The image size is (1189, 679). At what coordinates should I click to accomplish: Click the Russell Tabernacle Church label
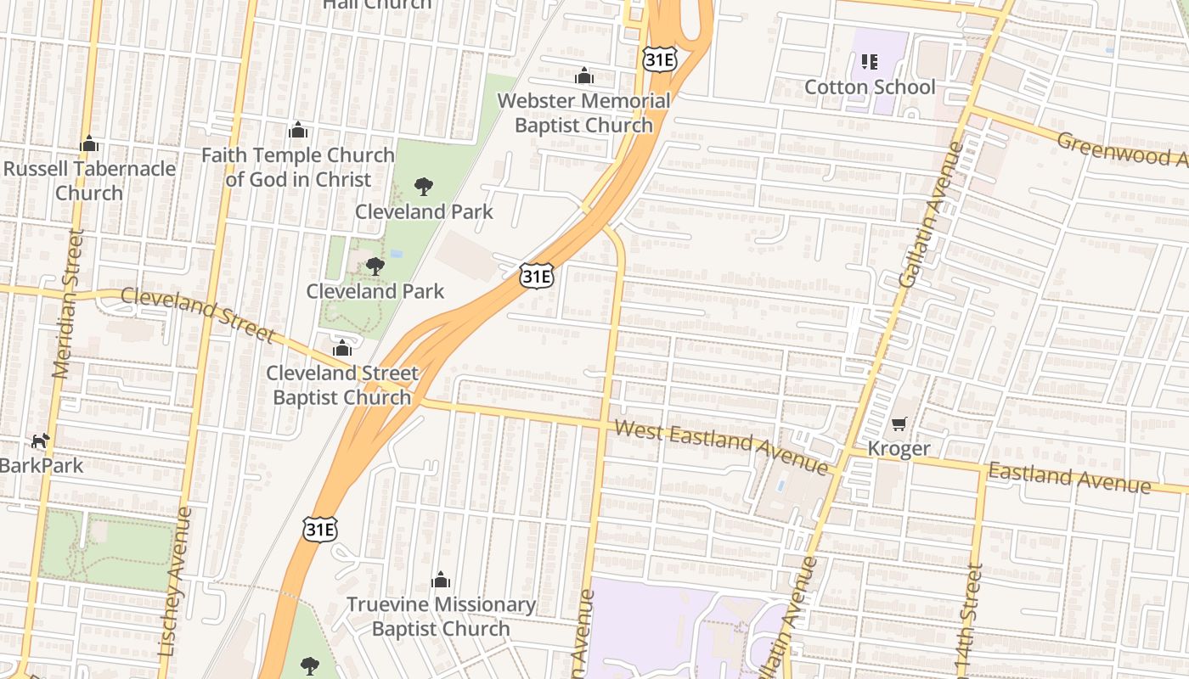89,180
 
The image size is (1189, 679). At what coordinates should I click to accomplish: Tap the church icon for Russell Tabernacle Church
89,144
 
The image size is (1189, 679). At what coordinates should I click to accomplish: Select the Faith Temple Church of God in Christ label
298,167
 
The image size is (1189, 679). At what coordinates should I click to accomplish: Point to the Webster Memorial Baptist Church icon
583,76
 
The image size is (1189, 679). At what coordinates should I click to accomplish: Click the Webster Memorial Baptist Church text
583,113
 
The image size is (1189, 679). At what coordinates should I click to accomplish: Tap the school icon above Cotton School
869,61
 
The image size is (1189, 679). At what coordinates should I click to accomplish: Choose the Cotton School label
869,87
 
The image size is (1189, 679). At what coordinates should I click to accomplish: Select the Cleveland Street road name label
197,314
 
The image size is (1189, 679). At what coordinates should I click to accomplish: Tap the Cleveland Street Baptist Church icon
342,348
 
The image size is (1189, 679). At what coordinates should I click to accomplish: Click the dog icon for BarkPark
40,441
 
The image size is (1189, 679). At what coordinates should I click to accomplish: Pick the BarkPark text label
42,466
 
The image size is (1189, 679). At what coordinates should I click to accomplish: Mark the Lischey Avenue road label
175,581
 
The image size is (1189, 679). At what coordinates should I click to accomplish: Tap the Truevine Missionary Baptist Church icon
440,580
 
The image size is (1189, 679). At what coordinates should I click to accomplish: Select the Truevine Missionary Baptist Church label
440,617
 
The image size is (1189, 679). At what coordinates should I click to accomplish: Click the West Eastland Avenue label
720,446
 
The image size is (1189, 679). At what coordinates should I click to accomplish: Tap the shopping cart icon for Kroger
899,424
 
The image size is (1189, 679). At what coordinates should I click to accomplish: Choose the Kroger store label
899,448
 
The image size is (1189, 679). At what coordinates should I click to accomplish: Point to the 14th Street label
970,620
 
